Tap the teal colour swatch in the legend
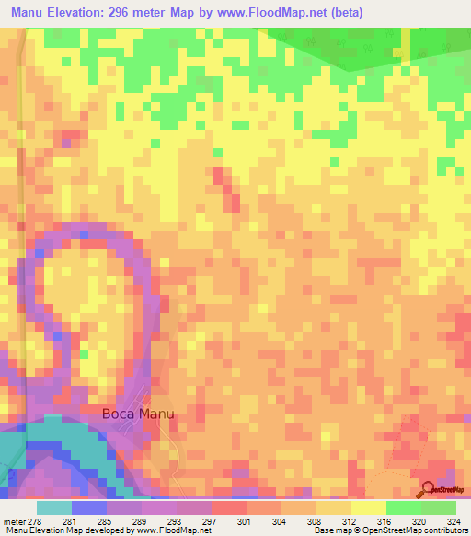click(x=54, y=507)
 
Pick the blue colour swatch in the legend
click(x=89, y=507)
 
